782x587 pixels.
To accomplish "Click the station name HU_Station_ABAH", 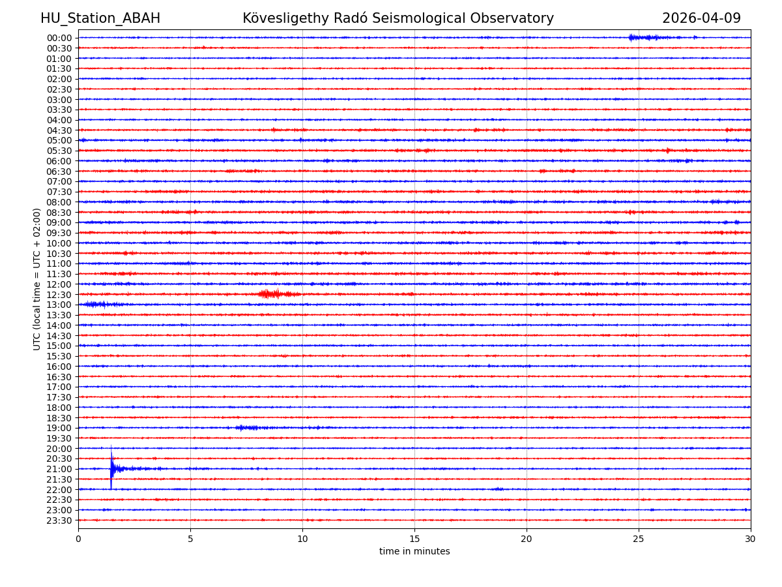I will click(x=100, y=19).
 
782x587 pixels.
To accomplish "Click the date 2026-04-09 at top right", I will click(x=701, y=19).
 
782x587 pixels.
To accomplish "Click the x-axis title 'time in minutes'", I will click(x=414, y=552).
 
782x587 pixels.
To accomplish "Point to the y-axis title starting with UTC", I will click(x=37, y=279).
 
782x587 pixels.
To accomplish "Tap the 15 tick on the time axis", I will click(x=414, y=539).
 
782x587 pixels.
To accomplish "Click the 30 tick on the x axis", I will click(x=751, y=539).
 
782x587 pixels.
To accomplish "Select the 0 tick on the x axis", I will click(x=78, y=539).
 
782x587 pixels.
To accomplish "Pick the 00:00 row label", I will click(x=59, y=38).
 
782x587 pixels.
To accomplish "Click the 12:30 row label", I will click(x=59, y=295).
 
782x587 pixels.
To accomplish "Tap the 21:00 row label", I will click(x=59, y=470).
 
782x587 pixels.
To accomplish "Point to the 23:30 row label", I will click(x=59, y=520).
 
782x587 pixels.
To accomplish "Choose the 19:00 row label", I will click(x=59, y=429).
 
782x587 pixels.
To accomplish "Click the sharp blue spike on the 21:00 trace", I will click(x=111, y=468).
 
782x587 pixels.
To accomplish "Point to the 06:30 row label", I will click(x=59, y=172).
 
